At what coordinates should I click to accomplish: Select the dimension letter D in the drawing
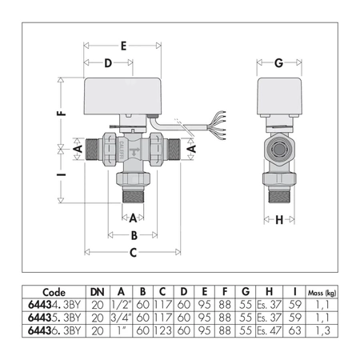pos(107,63)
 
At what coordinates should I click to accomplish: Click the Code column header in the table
pos(53,292)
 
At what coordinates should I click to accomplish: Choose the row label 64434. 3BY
pos(53,305)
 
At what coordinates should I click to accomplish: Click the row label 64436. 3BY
pos(53,330)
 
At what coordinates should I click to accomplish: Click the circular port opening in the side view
pos(278,149)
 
